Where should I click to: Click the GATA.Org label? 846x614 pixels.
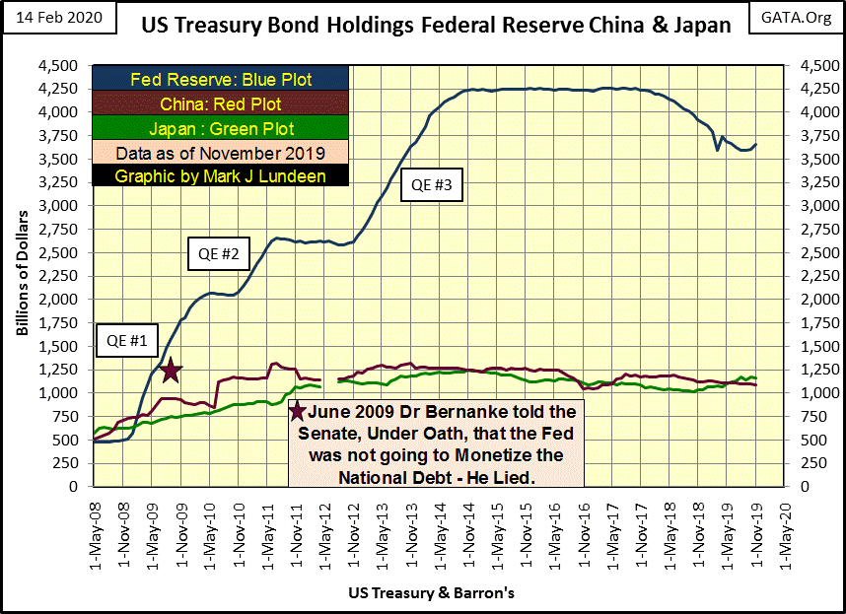click(x=797, y=19)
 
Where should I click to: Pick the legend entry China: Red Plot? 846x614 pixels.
click(x=221, y=104)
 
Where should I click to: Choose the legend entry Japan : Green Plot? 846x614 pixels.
click(x=221, y=128)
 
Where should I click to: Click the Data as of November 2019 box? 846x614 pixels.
click(x=221, y=153)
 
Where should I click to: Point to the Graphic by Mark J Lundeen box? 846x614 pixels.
click(x=221, y=176)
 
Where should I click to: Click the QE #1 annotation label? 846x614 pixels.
click(x=125, y=342)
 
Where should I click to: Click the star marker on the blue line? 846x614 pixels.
click(x=170, y=371)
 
